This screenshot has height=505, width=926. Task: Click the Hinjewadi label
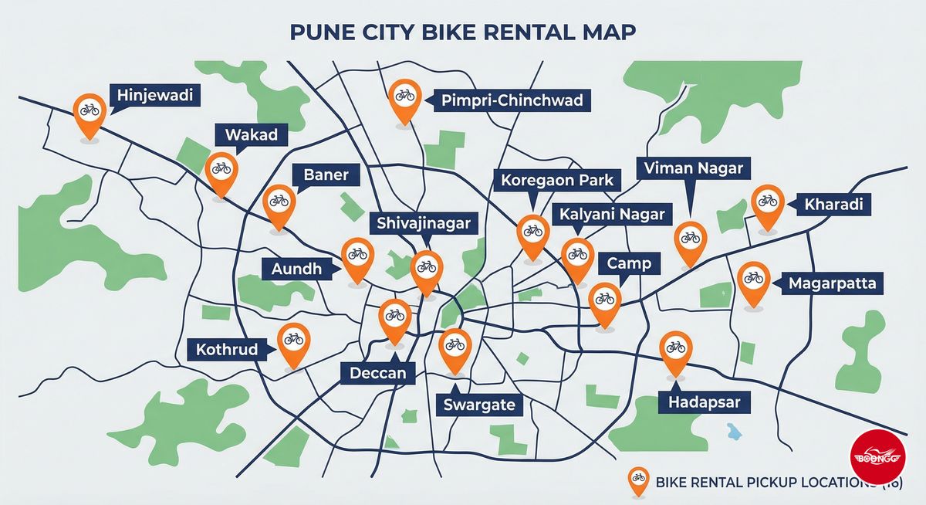[x=154, y=97]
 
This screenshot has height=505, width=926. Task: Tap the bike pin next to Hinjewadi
[x=90, y=112]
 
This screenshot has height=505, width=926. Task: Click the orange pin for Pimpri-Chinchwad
[x=404, y=98]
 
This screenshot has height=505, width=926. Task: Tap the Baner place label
[x=326, y=175]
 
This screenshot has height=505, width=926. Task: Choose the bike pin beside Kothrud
[x=293, y=341]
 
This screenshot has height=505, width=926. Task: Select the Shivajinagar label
[x=422, y=223]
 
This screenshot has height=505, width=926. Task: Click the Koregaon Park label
[x=556, y=181]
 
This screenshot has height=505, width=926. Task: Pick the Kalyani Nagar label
[x=612, y=213]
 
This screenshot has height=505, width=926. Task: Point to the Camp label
[x=628, y=263]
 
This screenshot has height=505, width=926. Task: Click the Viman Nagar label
[x=693, y=168]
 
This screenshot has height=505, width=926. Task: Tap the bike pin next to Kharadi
[x=767, y=203]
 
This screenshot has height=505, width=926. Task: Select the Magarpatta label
[x=831, y=284]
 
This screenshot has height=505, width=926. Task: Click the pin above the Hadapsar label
[x=675, y=350]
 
